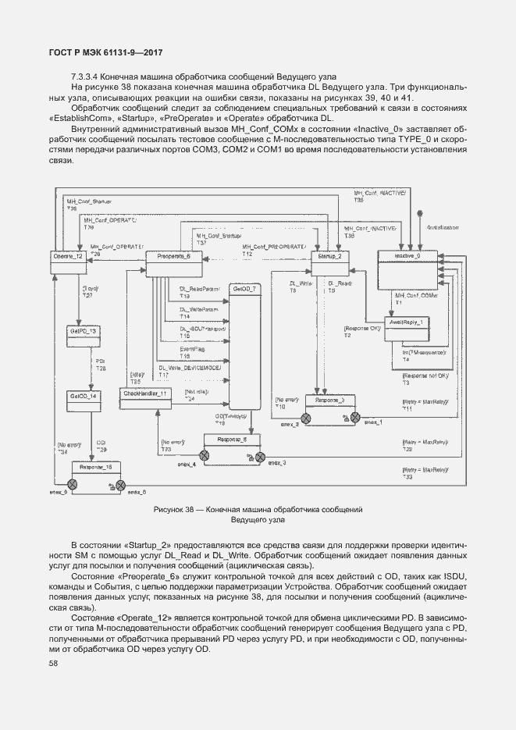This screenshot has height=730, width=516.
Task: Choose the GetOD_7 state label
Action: (x=243, y=289)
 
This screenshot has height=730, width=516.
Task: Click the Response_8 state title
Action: (x=233, y=440)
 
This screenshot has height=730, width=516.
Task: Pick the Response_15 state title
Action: (x=97, y=466)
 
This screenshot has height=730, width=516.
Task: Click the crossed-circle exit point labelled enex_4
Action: (x=204, y=456)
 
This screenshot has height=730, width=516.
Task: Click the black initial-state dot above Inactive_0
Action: (x=420, y=212)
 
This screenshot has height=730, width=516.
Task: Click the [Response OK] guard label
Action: (x=362, y=329)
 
